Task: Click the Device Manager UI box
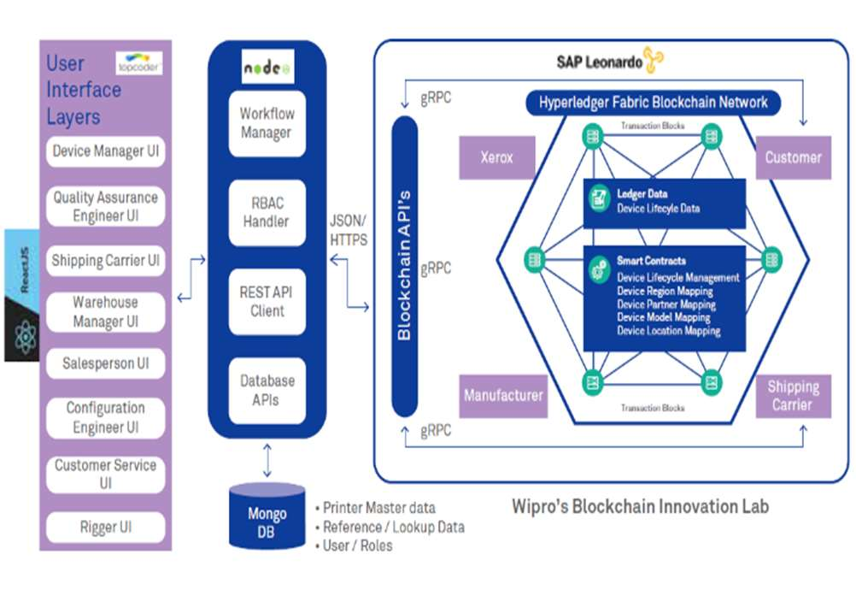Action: coord(105,151)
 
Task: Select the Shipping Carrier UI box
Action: coord(105,261)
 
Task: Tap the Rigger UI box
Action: coord(105,527)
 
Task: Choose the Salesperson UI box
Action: coord(105,363)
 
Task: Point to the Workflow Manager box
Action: coord(267,123)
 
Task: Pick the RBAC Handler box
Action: coord(267,212)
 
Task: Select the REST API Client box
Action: coord(267,301)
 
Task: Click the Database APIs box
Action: coord(267,390)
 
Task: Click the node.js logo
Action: coord(267,67)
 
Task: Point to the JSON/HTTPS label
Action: coord(349,230)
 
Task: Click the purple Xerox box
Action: coord(496,158)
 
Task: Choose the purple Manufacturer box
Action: coord(503,395)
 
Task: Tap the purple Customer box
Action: coord(793,157)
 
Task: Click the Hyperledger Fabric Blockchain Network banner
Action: coord(653,103)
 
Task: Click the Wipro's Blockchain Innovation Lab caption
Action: coord(640,505)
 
